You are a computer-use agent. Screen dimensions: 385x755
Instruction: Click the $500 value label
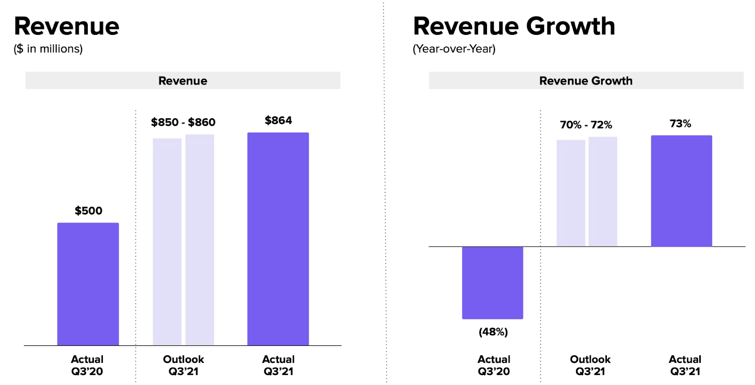[88, 211]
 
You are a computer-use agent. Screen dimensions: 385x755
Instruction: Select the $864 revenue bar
[278, 239]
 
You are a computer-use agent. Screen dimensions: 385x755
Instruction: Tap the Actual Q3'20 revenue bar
[88, 284]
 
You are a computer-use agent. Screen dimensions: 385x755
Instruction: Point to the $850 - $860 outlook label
[183, 123]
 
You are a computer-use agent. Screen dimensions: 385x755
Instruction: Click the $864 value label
[278, 121]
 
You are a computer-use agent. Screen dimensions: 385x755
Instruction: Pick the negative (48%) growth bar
[492, 283]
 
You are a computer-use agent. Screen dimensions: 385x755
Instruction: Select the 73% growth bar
[681, 191]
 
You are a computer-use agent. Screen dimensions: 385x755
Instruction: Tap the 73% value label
[680, 124]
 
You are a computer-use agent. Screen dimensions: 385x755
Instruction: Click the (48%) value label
[493, 332]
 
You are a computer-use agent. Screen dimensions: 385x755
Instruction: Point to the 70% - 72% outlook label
[586, 125]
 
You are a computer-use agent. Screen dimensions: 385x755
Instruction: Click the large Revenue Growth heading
[514, 26]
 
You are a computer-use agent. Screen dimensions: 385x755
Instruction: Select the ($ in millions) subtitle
[48, 49]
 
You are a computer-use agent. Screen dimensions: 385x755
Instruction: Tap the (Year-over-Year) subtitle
[454, 49]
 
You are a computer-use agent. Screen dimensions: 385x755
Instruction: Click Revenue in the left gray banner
[183, 81]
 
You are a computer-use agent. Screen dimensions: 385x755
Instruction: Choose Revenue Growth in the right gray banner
[586, 81]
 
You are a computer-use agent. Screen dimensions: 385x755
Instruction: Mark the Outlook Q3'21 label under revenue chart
[183, 365]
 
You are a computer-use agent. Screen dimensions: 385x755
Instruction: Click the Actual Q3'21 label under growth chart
[685, 365]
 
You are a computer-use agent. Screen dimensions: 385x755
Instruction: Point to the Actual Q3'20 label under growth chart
[494, 365]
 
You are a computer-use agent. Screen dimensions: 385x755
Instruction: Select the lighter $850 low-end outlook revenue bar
[167, 241]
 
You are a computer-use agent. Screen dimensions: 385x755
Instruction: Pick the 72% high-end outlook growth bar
[603, 191]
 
